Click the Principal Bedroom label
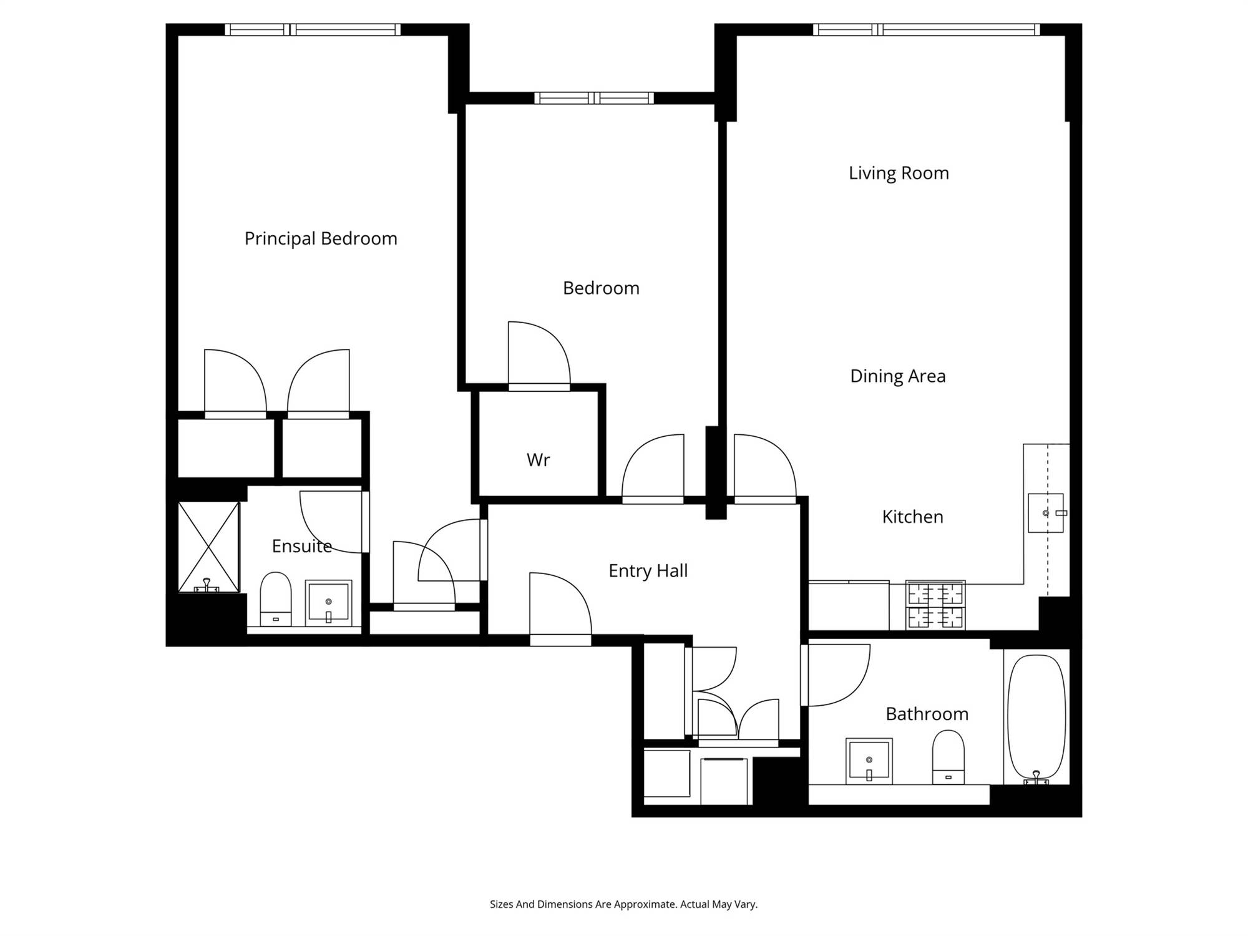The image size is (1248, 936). point(321,238)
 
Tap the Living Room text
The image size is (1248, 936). point(899,173)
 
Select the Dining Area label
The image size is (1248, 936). point(898,376)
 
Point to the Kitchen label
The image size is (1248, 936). point(912,517)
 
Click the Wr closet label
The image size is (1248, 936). point(538,460)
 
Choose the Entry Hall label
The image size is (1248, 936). point(648,570)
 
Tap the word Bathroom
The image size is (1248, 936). point(927,714)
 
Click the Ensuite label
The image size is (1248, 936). point(301,546)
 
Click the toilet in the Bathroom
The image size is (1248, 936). point(948,757)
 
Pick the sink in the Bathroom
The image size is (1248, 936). point(869,761)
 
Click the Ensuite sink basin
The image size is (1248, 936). point(328,603)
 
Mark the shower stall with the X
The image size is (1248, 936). point(208,547)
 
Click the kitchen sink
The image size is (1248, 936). point(1046,513)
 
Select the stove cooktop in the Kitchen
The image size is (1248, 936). point(935,605)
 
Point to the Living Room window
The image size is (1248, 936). point(926,29)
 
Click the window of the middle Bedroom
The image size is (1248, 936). point(594,98)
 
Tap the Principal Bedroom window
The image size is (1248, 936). point(313,29)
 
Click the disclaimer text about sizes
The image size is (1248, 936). point(623,904)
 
